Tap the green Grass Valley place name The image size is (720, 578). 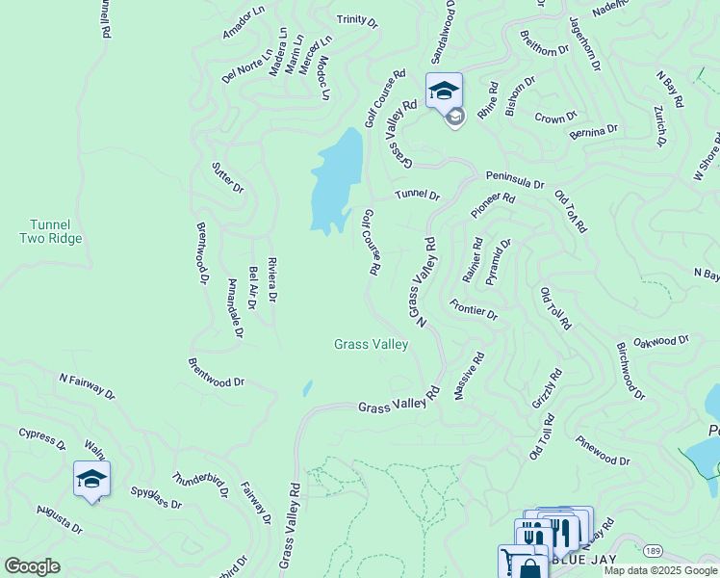click(x=371, y=344)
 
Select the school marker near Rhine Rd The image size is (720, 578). click(x=444, y=92)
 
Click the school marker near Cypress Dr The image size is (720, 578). click(x=91, y=479)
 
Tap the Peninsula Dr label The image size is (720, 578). click(x=514, y=180)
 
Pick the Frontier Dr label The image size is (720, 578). click(x=473, y=309)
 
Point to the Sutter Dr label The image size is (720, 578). click(x=227, y=177)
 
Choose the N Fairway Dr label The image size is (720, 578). click(x=86, y=386)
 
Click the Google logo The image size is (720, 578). click(x=32, y=565)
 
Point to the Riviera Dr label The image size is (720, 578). click(x=272, y=280)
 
